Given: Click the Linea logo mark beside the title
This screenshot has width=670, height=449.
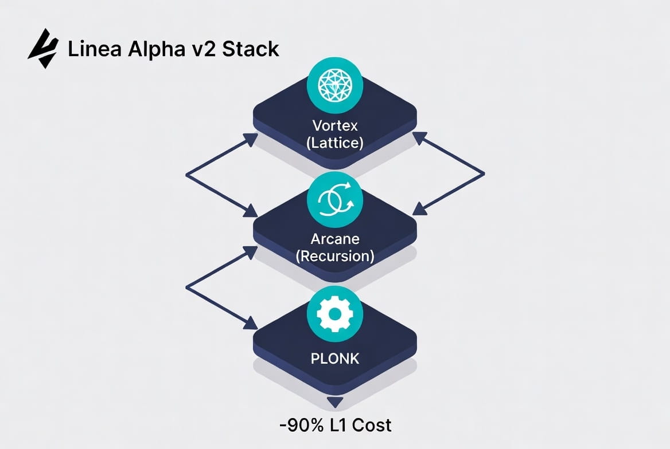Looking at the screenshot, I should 43,49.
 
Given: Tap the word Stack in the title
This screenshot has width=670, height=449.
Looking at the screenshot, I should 251,49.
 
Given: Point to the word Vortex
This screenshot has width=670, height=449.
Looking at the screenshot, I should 335,125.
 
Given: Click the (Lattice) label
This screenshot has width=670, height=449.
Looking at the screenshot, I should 335,143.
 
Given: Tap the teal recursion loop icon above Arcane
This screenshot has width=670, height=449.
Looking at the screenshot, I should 335,198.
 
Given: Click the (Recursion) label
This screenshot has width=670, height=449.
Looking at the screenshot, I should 335,255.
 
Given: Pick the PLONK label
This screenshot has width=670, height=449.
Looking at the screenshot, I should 335,359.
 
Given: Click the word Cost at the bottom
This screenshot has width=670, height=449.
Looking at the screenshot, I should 372,425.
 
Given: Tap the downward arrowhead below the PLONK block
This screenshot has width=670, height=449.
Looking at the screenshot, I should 335,402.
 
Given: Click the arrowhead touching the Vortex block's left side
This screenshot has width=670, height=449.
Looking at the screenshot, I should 251,139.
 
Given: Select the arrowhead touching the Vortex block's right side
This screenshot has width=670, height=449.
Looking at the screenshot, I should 419,139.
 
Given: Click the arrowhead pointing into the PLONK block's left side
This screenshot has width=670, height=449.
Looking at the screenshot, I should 251,324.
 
